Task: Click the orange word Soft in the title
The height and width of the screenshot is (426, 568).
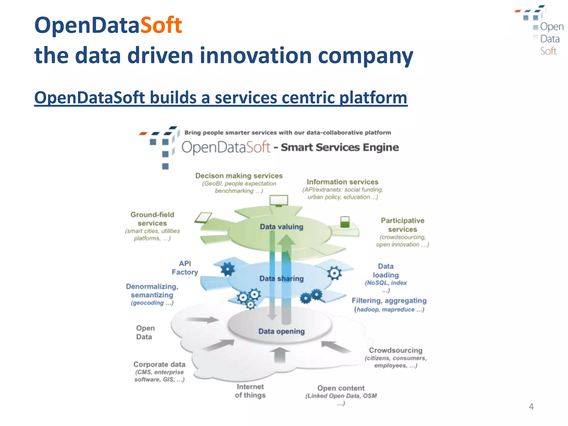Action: [x=161, y=25]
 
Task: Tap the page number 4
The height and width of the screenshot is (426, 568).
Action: [x=531, y=407]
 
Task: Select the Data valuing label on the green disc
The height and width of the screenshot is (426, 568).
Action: [x=282, y=227]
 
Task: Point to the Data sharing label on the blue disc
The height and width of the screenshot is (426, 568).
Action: [x=282, y=278]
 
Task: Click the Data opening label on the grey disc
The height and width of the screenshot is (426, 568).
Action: [x=282, y=331]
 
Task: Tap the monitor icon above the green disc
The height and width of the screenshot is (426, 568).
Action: [x=279, y=200]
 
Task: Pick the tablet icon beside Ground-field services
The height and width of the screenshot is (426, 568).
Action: [x=203, y=218]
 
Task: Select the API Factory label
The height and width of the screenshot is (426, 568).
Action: [x=185, y=268]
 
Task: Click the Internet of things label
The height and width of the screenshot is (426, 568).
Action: [x=250, y=391]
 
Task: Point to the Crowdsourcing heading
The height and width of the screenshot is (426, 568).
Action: [x=395, y=350]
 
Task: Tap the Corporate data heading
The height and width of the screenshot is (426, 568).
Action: [x=159, y=364]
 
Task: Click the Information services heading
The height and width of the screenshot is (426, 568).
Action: [x=343, y=182]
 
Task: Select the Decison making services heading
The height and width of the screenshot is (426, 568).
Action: [x=239, y=176]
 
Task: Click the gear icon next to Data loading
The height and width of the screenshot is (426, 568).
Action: [x=334, y=273]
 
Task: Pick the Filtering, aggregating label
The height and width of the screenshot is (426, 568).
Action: [x=389, y=301]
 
